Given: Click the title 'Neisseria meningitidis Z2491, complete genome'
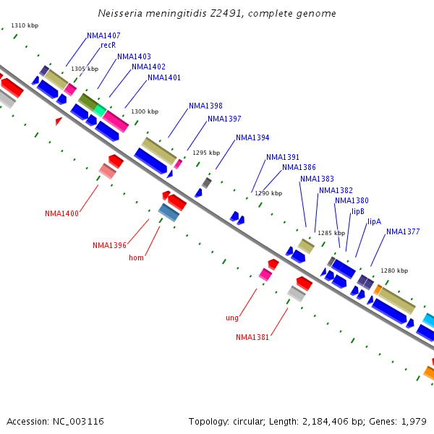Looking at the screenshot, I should tap(217, 14).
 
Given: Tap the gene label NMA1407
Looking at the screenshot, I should tap(103, 35).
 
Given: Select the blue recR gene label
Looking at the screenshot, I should tap(109, 45).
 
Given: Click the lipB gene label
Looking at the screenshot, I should tap(358, 211).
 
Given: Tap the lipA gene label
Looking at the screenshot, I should tap(374, 221).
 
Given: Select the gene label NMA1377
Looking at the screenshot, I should tap(403, 232).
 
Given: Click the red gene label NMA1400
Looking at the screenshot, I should tap(61, 213).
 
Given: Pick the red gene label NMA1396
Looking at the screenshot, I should tap(109, 245).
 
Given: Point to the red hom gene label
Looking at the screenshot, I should tap(136, 258).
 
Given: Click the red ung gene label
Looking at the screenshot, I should tap(231, 318).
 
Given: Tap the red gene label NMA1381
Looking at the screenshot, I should tap(252, 337).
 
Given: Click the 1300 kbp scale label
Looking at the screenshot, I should tap(145, 111).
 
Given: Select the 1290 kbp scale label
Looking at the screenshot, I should tap(267, 193).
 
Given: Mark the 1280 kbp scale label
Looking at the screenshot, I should tap(394, 271).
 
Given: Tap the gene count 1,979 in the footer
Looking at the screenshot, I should tap(415, 421).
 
